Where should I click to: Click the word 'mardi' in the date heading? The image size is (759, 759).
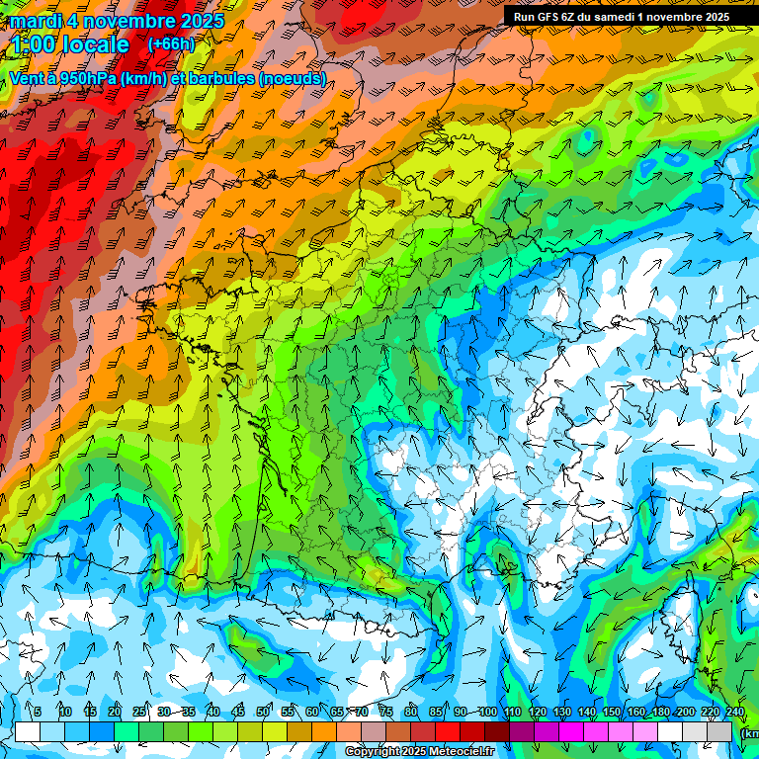pos(35,21)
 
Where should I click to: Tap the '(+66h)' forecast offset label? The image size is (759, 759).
pos(171,44)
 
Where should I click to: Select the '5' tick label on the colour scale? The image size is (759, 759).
pos(38,713)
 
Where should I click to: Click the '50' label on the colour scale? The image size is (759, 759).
pos(263,713)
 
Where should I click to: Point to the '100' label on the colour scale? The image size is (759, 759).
pos(487,713)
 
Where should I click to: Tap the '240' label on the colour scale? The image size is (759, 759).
pos(734,713)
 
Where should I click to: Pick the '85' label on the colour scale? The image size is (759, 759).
pos(436,713)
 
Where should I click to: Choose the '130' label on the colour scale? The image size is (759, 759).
pos(561,713)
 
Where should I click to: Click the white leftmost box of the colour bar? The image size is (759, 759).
pos(28,731)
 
